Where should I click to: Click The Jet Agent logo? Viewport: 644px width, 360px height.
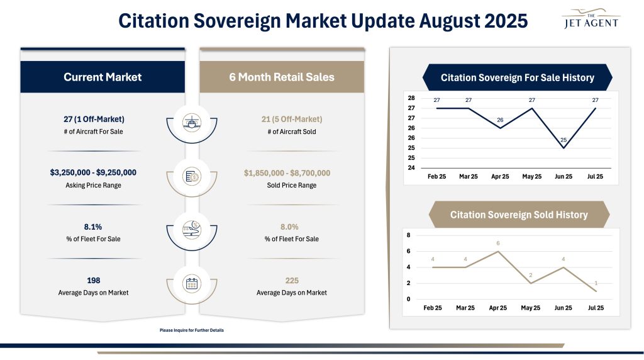(x=589, y=20)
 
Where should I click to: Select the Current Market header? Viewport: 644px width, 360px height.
(x=103, y=77)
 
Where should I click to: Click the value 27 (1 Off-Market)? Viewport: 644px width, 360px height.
(x=94, y=119)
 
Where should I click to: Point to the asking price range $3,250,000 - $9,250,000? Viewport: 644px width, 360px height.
(x=94, y=172)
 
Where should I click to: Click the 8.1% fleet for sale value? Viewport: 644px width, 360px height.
(x=94, y=227)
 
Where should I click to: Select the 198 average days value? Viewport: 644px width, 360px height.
(x=94, y=280)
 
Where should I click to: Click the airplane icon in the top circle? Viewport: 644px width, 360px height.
(x=192, y=121)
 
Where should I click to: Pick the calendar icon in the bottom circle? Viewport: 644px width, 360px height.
(x=192, y=283)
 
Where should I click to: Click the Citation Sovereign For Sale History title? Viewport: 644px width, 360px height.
(x=517, y=78)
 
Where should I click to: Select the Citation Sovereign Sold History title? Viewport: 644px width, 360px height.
(x=518, y=215)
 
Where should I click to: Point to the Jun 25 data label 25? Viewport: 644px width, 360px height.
(x=563, y=140)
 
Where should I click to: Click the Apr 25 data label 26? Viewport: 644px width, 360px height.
(x=499, y=120)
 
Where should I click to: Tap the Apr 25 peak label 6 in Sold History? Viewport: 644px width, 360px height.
(x=498, y=243)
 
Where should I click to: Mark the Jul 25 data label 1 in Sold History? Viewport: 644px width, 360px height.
(x=596, y=283)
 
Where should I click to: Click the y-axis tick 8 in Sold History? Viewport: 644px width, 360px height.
(x=409, y=235)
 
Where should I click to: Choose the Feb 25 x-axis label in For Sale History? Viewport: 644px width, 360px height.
(x=436, y=177)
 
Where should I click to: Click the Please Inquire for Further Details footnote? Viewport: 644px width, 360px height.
(x=192, y=330)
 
